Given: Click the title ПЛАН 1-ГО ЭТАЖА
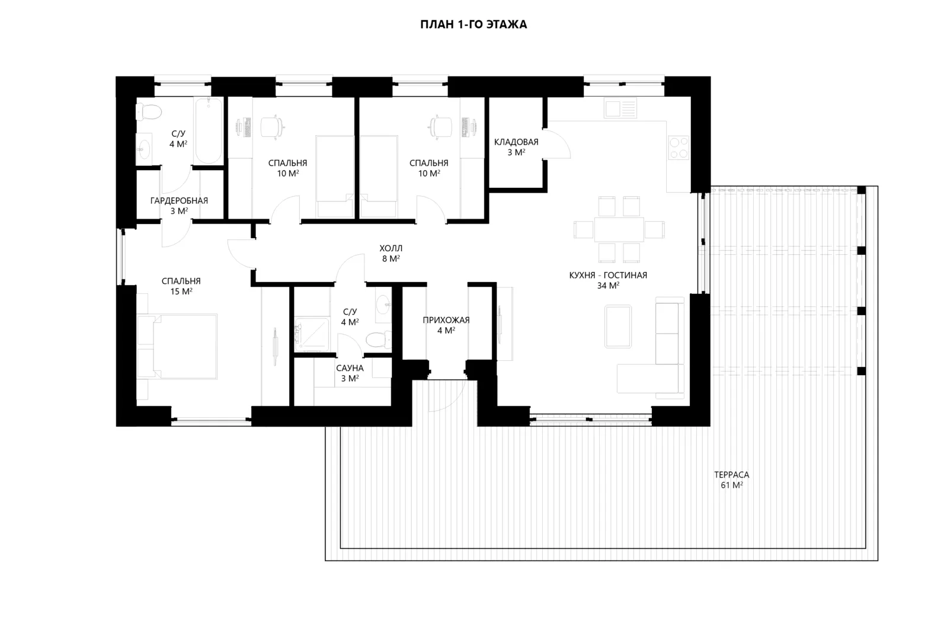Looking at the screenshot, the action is (473, 24).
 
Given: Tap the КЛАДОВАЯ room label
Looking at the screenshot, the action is (516, 142).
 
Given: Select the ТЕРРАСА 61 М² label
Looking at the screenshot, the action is (732, 480).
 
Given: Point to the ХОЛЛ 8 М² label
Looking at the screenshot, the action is (391, 253).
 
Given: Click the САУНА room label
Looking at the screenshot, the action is (350, 368).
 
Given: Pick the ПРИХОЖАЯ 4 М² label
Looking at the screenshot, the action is (446, 325).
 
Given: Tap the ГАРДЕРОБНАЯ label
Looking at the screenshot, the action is (179, 201).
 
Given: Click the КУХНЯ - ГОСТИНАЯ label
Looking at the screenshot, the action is (608, 275).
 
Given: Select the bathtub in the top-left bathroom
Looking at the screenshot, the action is (209, 131).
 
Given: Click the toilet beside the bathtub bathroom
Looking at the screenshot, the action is (149, 113).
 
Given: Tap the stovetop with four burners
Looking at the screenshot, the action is (679, 148).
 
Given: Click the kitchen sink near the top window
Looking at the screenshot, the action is (620, 108).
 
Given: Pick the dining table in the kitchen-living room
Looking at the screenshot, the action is (619, 229).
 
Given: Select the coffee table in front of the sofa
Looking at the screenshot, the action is (618, 327).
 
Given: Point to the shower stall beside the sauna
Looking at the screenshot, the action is (312, 334).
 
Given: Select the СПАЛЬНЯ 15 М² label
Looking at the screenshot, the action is (181, 286).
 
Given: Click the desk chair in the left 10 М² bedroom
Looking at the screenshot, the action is (272, 127).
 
